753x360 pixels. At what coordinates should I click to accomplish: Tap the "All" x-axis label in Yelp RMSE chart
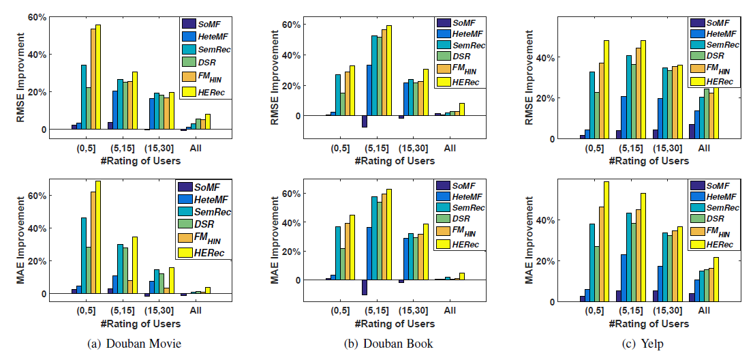pyautogui.click(x=704, y=147)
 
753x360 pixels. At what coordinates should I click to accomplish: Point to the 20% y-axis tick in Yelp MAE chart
pyautogui.click(x=542, y=261)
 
